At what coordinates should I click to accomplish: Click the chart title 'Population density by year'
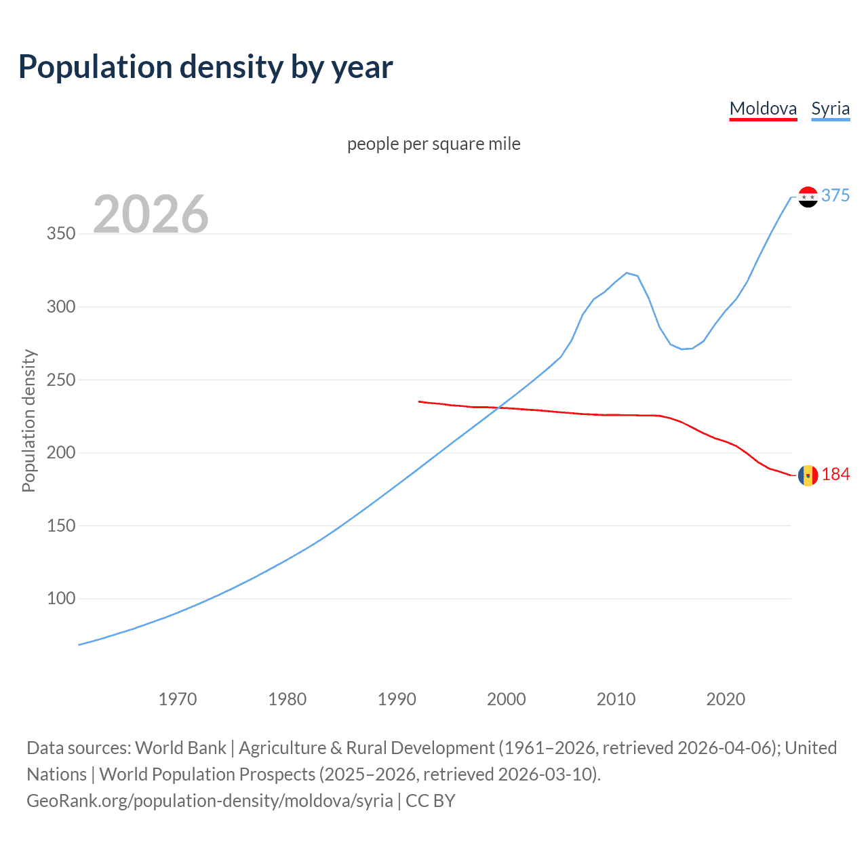(x=205, y=67)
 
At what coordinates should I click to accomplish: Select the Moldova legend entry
(x=763, y=108)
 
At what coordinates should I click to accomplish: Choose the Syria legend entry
(x=830, y=108)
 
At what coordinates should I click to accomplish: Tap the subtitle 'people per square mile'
(x=433, y=144)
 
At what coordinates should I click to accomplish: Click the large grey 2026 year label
(x=151, y=214)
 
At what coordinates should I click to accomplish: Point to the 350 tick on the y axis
(x=61, y=234)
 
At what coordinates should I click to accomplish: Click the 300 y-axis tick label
(x=61, y=307)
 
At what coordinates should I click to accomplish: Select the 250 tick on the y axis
(x=61, y=380)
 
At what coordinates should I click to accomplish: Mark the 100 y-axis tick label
(x=61, y=598)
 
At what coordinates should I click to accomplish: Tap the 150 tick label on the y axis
(x=61, y=526)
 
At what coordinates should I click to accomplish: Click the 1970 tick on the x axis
(x=178, y=699)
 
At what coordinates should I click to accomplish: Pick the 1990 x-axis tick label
(x=397, y=699)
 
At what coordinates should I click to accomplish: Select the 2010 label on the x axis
(x=616, y=699)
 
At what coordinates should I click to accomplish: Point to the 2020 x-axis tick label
(x=726, y=699)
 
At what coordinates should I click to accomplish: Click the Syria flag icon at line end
(x=808, y=197)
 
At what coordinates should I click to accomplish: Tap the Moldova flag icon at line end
(x=808, y=475)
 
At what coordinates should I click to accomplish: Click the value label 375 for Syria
(x=835, y=195)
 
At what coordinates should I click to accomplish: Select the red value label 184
(x=835, y=475)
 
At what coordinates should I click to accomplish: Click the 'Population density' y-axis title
(x=28, y=420)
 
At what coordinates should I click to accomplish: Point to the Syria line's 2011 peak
(x=627, y=273)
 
